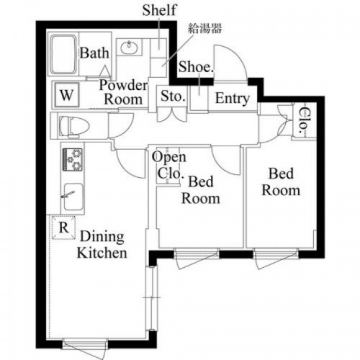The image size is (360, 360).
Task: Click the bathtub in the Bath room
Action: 63,55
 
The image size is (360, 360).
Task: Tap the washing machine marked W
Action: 67,94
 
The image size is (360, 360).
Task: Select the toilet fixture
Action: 74,126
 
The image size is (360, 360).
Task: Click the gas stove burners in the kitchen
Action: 73,159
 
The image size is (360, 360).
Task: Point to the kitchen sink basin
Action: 74,196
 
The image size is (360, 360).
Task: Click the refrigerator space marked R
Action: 64,228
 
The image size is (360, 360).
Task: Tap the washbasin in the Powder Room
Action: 129,47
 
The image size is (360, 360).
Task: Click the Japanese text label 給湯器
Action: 205,29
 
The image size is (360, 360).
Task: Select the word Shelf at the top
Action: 159,10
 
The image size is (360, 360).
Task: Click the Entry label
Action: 232,99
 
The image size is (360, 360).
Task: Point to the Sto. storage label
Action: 173,96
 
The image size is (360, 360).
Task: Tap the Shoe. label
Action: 196,67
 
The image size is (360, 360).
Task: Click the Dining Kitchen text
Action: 102,245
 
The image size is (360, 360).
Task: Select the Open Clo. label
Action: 169,165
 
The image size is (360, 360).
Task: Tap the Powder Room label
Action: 123,92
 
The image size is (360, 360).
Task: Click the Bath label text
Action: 94,53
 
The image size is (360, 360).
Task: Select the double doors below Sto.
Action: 172,114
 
